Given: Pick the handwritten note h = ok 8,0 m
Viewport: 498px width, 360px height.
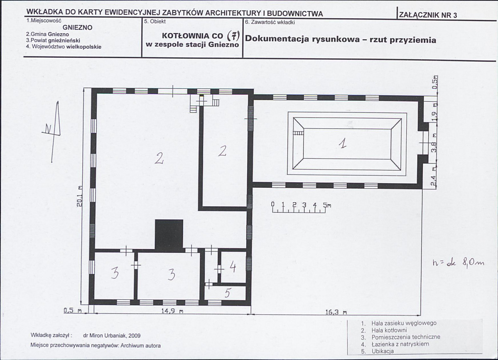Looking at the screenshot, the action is (x=459, y=262).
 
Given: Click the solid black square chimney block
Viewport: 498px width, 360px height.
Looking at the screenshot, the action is (x=169, y=235).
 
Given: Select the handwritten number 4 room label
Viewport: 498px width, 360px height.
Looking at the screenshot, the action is (x=233, y=267).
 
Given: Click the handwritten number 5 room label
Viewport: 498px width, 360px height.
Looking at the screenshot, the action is (x=227, y=293).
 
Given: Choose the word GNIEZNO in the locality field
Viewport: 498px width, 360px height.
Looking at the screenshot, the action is (x=78, y=28).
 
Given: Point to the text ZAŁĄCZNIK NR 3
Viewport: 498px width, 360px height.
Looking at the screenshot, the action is (x=428, y=15).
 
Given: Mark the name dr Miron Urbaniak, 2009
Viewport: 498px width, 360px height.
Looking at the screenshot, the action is (x=111, y=336).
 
